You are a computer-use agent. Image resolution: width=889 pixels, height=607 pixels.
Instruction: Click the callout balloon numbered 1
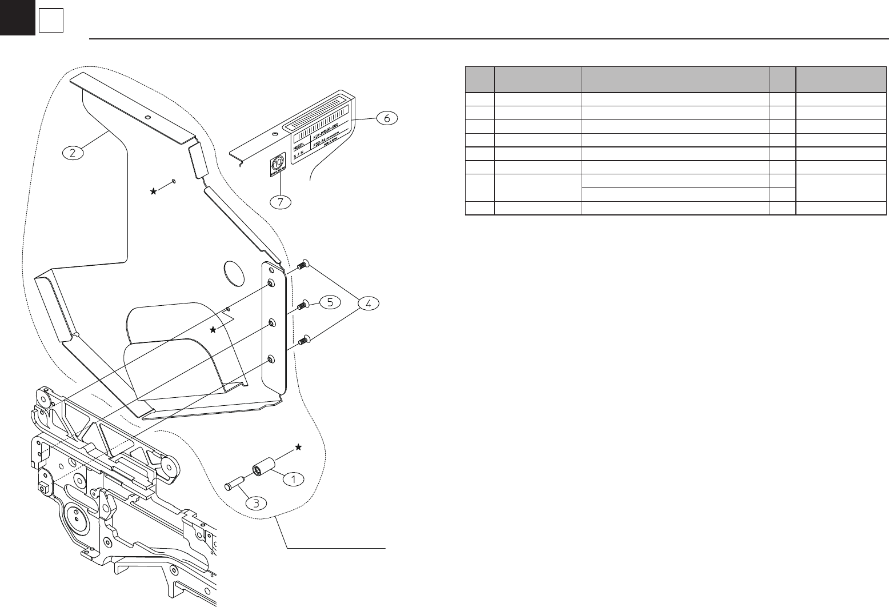[293, 479]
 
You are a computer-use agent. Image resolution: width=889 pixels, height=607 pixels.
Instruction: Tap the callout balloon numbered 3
[256, 503]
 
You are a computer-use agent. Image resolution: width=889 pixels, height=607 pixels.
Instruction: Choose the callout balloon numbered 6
[387, 118]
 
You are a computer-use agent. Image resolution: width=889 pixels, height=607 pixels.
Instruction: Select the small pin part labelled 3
[234, 482]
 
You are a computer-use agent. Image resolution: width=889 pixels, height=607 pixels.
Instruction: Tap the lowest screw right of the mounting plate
[303, 341]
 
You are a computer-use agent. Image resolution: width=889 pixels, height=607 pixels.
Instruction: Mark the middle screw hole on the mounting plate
[271, 322]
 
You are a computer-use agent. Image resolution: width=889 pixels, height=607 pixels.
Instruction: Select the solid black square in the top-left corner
[18, 18]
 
